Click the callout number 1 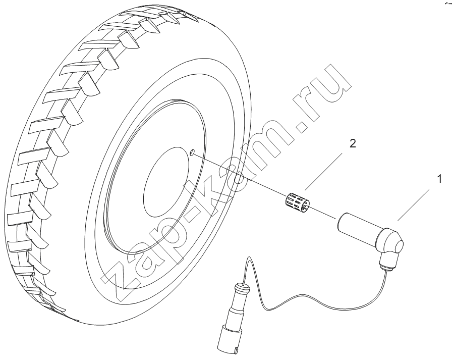point(439,179)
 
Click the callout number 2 point(353,143)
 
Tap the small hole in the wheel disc point(193,152)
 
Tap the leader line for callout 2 point(323,172)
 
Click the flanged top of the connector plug point(243,287)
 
